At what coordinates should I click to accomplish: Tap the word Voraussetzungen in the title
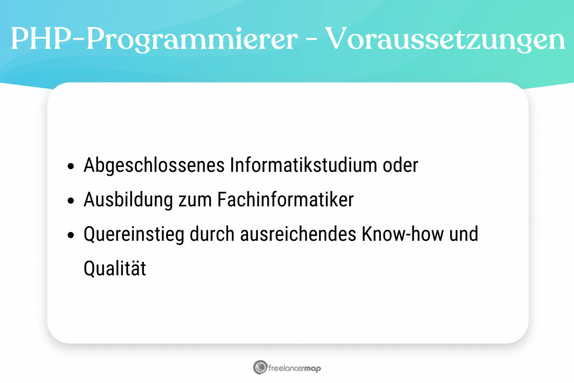(445, 39)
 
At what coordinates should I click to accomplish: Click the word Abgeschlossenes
(155, 166)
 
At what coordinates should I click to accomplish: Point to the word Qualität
(115, 269)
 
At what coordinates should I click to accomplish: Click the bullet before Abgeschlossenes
(71, 167)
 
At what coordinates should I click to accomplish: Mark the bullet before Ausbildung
(71, 201)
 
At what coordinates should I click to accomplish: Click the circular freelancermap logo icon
(260, 367)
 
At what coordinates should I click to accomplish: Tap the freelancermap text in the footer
(295, 368)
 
